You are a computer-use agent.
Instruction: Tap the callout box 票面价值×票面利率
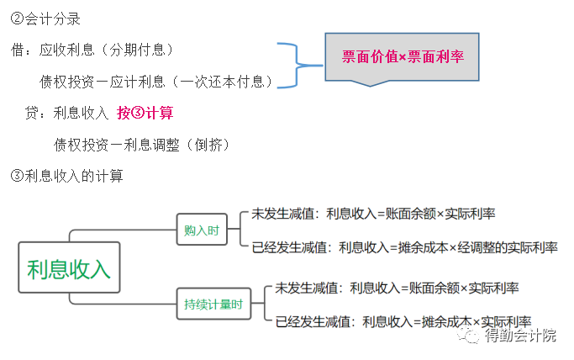(x=403, y=56)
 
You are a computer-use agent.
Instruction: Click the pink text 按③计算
(x=145, y=113)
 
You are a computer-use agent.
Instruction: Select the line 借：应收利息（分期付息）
(x=106, y=50)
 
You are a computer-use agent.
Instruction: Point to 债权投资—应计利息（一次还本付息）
(x=156, y=82)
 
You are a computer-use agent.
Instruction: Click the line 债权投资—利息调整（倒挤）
(x=142, y=145)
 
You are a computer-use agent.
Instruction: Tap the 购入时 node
(x=202, y=230)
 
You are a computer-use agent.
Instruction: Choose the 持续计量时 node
(x=213, y=304)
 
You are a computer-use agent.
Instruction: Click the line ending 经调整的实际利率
(x=404, y=247)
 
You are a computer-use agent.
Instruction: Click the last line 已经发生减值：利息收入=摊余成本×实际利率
(x=403, y=321)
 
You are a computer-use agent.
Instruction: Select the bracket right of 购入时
(x=239, y=230)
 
